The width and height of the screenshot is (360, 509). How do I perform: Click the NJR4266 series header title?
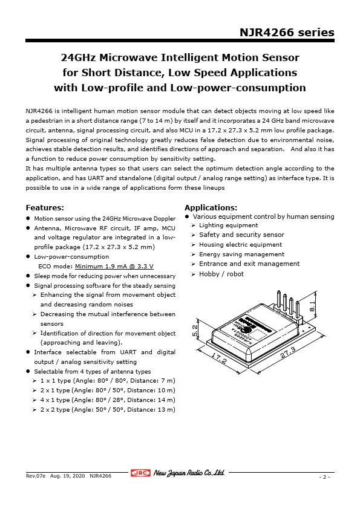(x=286, y=32)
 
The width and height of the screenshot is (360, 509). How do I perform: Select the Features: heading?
(x=45, y=208)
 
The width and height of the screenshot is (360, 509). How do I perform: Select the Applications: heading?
(x=211, y=208)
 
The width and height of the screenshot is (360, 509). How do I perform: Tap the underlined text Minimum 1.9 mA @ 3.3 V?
(x=114, y=266)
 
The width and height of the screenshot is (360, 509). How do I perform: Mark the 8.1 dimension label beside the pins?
(x=313, y=306)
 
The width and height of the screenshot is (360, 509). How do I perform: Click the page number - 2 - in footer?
(x=325, y=477)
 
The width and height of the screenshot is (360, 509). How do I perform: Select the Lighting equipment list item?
(x=229, y=225)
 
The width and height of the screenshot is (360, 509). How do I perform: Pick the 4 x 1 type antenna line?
(x=107, y=400)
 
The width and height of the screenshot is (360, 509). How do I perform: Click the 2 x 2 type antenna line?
(x=107, y=410)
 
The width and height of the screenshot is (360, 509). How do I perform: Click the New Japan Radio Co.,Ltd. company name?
(x=189, y=473)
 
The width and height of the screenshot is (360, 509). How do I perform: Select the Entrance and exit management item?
(x=249, y=264)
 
